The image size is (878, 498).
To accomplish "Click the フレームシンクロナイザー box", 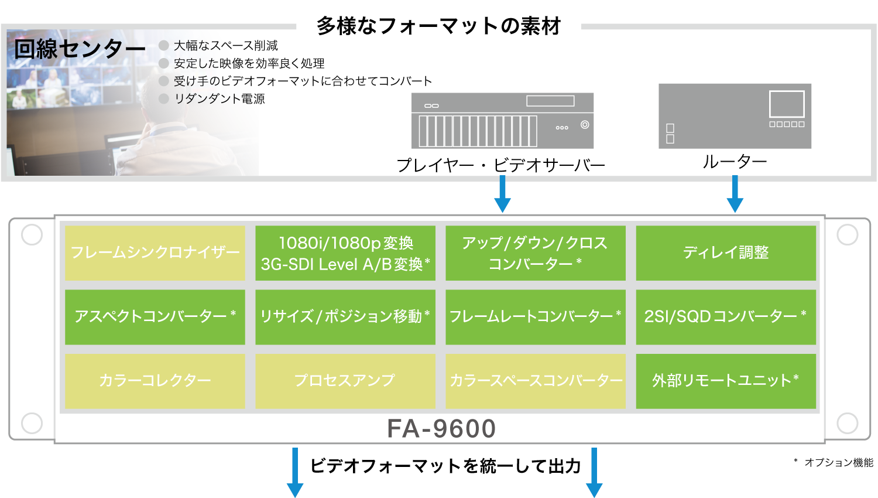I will point(155,253).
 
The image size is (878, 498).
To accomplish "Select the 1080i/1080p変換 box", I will point(345,253).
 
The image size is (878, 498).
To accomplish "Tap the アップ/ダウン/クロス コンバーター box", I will point(536,253).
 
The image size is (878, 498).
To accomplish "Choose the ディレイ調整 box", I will point(726,253).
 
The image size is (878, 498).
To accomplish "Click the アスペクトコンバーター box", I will point(155,316).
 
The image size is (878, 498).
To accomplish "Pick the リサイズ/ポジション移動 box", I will point(345,316).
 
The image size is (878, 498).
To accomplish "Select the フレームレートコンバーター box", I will point(536,316).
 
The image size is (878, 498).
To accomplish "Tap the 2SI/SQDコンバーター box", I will point(726,316).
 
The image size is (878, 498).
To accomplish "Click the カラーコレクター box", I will point(155,381).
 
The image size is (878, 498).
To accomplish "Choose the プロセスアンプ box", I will point(345,381).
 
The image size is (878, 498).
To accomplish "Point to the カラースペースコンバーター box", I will point(536,381).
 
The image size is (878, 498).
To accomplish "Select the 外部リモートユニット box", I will point(726,381).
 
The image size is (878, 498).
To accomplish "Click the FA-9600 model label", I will point(441,429).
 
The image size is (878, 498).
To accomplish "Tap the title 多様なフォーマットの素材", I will point(438,26).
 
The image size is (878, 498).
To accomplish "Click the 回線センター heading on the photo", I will point(79,49).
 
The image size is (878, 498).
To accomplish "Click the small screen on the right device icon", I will point(787,104).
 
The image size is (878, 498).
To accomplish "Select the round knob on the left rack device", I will point(585,125).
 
